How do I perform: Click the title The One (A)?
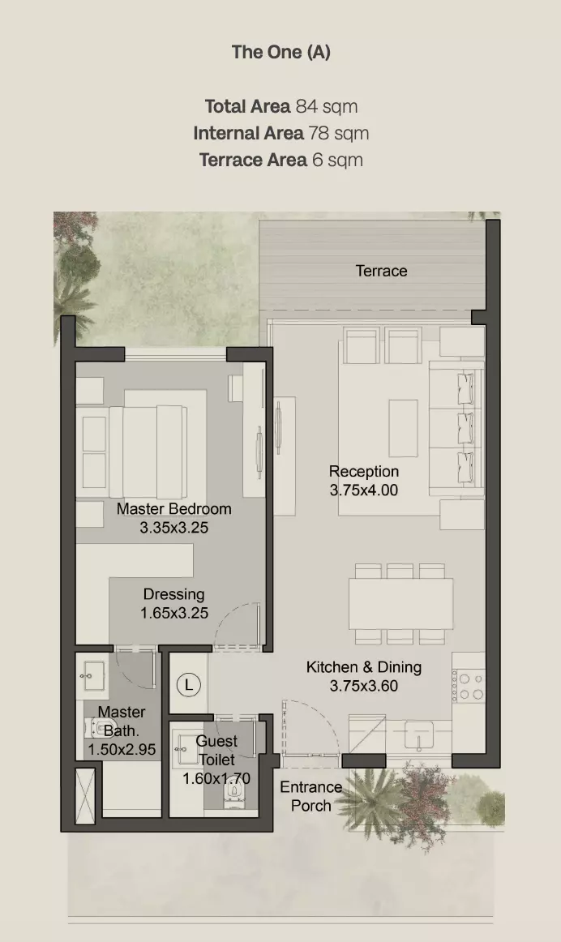[281, 52]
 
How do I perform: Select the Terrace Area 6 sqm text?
[281, 160]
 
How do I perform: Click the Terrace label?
[381, 271]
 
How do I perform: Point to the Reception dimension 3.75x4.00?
[364, 490]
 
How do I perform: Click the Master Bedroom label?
[174, 509]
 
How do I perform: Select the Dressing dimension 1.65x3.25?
[174, 613]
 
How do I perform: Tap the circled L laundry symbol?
[189, 685]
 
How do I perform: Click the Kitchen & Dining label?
[364, 667]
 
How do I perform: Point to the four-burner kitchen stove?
[469, 686]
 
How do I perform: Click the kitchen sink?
[418, 735]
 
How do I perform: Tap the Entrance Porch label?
[311, 796]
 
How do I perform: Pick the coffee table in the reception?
[403, 428]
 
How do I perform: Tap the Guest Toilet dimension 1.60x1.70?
[216, 778]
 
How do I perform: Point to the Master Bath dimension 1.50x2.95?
[122, 749]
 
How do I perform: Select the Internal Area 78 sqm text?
[281, 133]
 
